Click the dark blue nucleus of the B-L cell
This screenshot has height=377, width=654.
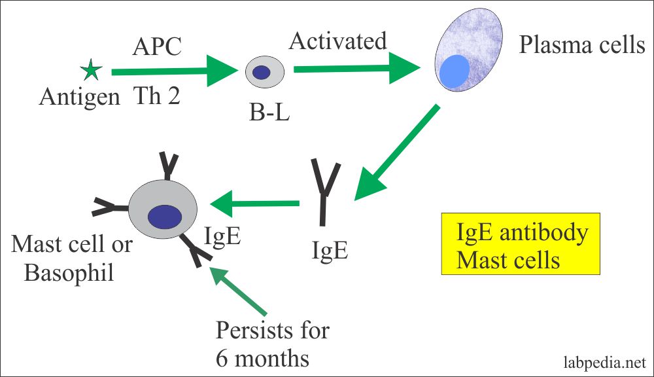coord(263,73)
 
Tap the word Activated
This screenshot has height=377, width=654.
coord(338,41)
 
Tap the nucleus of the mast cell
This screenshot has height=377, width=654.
coord(165,217)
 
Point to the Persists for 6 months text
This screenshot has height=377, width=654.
coord(273,344)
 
